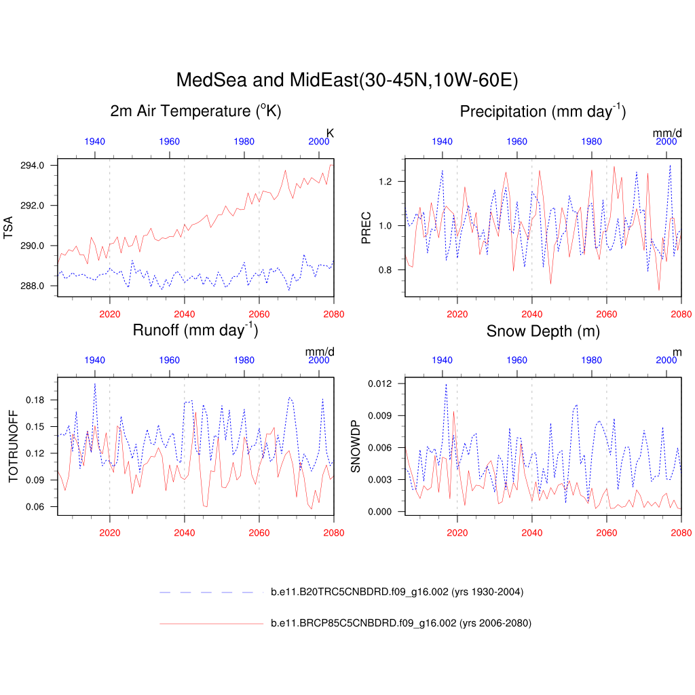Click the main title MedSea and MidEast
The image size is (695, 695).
(x=347, y=80)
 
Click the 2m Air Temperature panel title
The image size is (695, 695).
(x=195, y=111)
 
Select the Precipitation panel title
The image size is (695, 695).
(x=542, y=111)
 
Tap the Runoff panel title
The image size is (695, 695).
(x=195, y=331)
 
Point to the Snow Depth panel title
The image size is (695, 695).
(x=542, y=331)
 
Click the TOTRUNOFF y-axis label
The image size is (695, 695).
(x=12, y=446)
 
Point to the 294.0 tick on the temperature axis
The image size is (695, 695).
(x=33, y=166)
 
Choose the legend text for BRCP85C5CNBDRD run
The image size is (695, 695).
(x=400, y=623)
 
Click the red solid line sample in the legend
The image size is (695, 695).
(x=210, y=623)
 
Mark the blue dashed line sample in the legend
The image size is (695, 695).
(x=210, y=593)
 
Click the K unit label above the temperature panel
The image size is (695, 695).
(x=331, y=133)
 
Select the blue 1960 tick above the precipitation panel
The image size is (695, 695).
(x=516, y=141)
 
